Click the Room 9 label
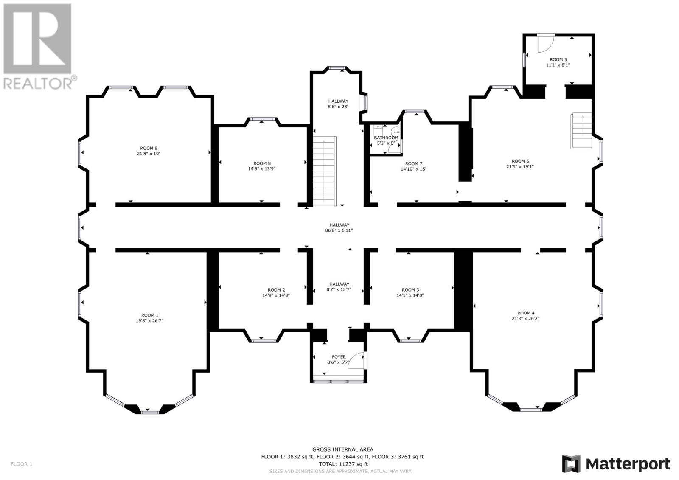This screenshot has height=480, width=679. [x=149, y=148]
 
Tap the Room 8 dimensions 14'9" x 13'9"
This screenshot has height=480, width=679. [x=261, y=169]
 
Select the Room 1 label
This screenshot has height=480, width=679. [x=150, y=315]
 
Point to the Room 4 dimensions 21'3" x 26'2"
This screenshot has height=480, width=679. [x=526, y=318]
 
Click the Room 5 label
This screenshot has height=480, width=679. [x=558, y=60]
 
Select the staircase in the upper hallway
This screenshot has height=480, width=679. [x=324, y=171]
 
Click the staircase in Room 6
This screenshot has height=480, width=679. [x=581, y=131]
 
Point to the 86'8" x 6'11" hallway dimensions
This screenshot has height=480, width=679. [x=339, y=230]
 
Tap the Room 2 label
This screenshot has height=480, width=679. [x=276, y=290]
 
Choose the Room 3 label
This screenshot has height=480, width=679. [x=410, y=290]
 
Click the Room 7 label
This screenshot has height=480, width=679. [x=413, y=164]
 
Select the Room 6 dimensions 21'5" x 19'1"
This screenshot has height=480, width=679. [x=520, y=166]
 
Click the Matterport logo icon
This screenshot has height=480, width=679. [x=571, y=464]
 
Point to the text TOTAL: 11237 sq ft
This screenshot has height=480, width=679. [x=343, y=464]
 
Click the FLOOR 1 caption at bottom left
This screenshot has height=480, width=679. [x=21, y=464]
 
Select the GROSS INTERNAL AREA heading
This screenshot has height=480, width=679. [x=343, y=450]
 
